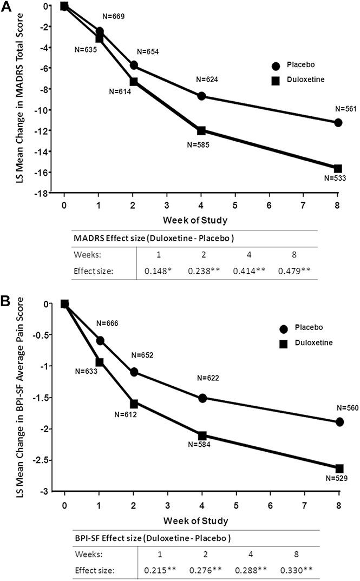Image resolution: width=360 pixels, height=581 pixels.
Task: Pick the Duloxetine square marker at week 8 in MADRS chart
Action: tap(338, 169)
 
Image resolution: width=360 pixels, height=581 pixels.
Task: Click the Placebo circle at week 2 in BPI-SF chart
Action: tap(133, 372)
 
